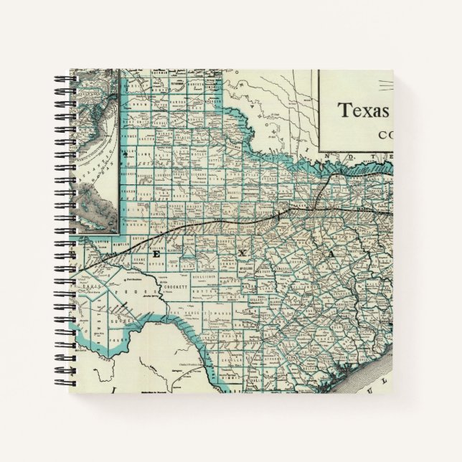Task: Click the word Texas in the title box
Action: click(364, 111)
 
